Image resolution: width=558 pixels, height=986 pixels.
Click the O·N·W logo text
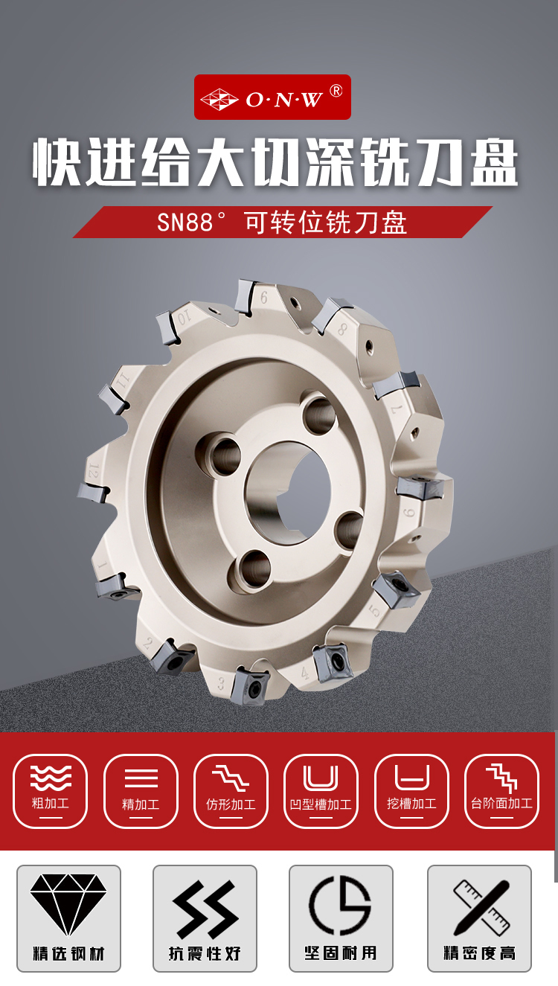[x=284, y=100]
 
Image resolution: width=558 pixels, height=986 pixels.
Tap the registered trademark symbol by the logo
[x=336, y=91]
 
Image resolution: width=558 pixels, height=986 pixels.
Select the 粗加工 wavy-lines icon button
[x=50, y=791]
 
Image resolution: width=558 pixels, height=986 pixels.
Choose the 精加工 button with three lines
[x=141, y=791]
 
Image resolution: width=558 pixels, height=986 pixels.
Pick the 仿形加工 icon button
[x=231, y=791]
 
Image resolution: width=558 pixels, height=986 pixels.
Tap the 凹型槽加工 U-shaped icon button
[x=321, y=791]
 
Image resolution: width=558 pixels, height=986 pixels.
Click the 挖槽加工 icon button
[x=412, y=791]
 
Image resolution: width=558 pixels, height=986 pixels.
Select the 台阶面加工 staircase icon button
[x=501, y=791]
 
